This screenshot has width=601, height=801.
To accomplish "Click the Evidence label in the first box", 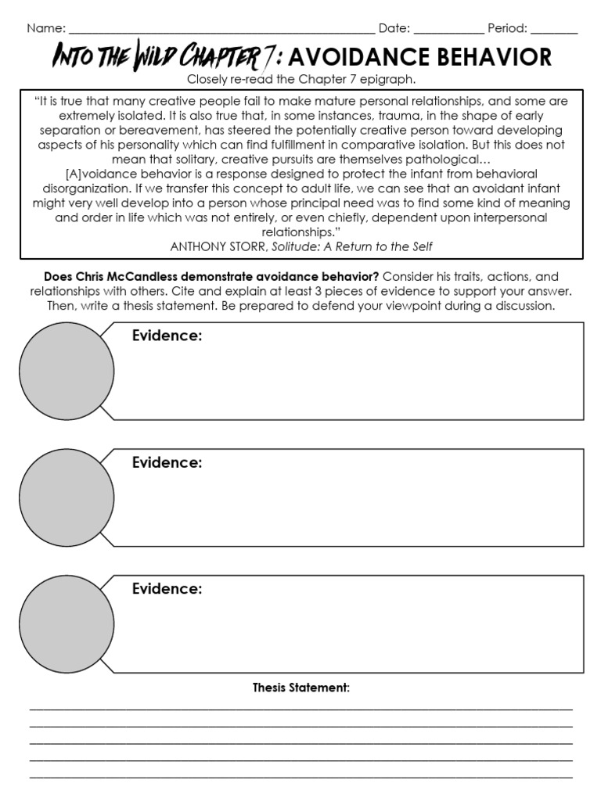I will pos(167,336).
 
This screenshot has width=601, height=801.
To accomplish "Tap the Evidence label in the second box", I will pos(167,463).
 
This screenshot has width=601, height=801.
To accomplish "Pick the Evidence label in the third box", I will pos(167,590).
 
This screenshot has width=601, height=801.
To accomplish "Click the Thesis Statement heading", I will pos(300,688).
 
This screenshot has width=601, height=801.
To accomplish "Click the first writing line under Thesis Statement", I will pos(300,708).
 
